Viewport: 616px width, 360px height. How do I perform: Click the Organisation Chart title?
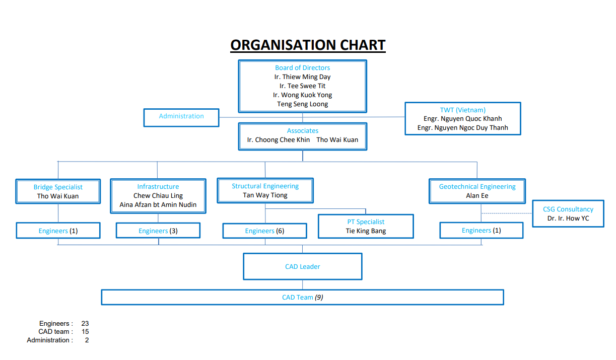pos(308,45)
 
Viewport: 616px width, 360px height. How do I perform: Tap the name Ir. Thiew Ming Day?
pos(302,77)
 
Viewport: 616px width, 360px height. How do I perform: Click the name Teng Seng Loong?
pos(302,104)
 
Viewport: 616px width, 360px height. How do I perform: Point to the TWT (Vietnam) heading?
pos(462,110)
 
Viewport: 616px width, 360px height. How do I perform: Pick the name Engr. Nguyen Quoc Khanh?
pos(462,119)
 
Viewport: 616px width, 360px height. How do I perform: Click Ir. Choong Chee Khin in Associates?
pos(279,140)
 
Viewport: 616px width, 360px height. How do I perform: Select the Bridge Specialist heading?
pos(58,187)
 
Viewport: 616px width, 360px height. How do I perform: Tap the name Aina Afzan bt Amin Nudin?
pos(158,205)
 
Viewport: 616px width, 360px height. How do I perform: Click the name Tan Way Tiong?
pos(265,195)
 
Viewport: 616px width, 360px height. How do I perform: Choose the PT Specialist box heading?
pos(366,222)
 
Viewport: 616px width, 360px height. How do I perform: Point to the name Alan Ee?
pos(477,196)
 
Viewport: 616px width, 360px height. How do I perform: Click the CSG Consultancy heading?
pos(568,209)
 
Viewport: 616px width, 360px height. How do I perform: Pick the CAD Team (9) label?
pos(303,298)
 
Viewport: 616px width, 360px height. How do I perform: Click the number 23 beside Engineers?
pos(85,323)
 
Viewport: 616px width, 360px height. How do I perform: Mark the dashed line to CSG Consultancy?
pos(507,213)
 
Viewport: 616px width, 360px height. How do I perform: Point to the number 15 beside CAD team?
pos(85,332)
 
